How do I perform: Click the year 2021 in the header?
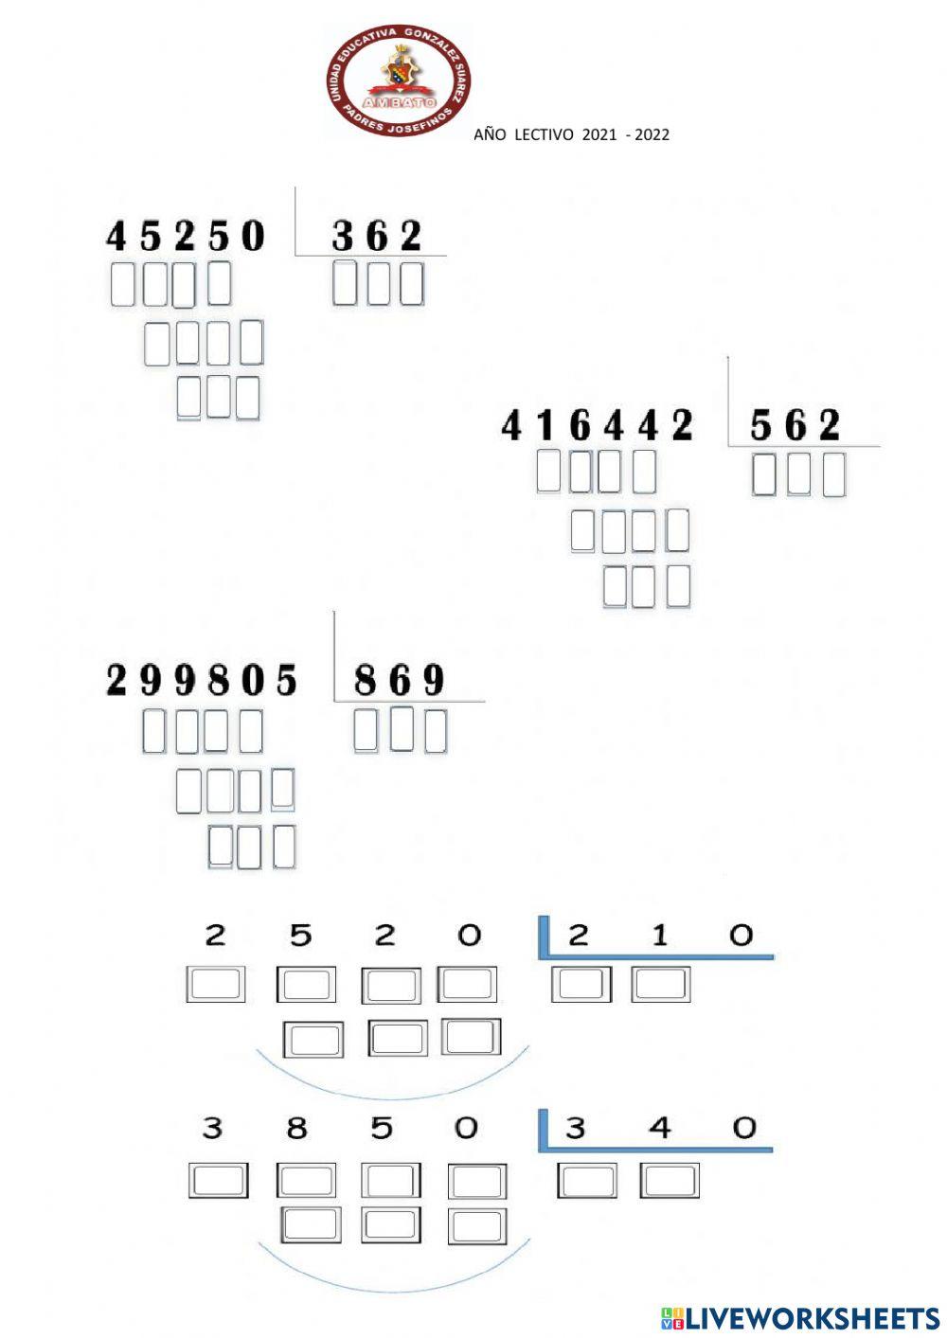tap(599, 134)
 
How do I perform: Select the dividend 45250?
tap(186, 236)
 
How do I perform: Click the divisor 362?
tap(377, 236)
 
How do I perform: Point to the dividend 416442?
tap(597, 426)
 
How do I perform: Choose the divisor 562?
tap(795, 426)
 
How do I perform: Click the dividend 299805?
tap(202, 680)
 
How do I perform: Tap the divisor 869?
tap(399, 680)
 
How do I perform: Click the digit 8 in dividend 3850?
tap(297, 1128)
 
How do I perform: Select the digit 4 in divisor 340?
tap(660, 1128)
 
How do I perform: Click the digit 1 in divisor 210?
tap(660, 936)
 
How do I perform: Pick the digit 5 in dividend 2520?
tap(300, 936)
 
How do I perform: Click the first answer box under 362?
tap(346, 283)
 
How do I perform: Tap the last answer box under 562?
tap(833, 475)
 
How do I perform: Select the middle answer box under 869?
tap(402, 729)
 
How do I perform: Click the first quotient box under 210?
tap(581, 985)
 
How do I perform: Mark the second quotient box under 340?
tap(670, 1181)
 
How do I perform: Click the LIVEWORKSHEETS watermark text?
tap(811, 1318)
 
